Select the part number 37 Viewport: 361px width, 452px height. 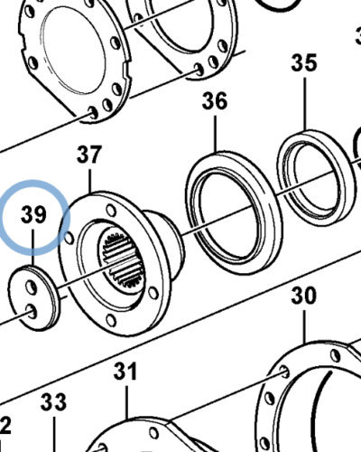point(89,155)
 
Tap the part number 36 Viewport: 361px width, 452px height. point(214,101)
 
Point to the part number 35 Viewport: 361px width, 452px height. point(304,63)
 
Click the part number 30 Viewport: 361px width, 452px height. point(304,296)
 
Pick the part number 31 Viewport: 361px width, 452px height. point(125,371)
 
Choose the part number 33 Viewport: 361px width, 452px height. point(54,400)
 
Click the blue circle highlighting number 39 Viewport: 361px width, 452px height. point(34,216)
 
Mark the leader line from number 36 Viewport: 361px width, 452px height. point(215,131)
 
